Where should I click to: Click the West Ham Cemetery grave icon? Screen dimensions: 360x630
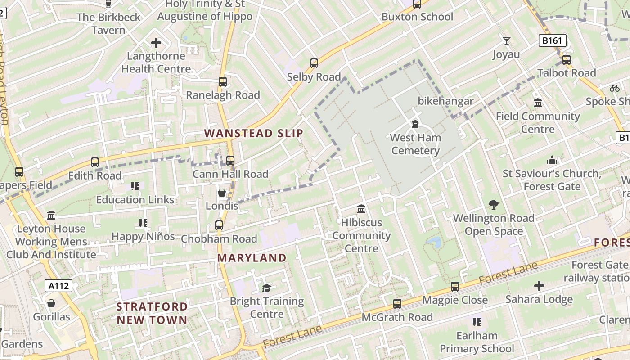pos(415,124)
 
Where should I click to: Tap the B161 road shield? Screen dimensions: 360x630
pos(552,41)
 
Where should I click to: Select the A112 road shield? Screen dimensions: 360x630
pos(58,285)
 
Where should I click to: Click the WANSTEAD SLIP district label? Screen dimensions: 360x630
pos(254,133)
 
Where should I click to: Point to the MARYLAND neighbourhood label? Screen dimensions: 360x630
pos(252,258)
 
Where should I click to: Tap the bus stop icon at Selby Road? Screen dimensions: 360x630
pos(314,63)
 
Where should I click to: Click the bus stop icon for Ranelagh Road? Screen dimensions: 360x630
pos(223,82)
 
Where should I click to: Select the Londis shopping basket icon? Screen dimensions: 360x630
pos(222,193)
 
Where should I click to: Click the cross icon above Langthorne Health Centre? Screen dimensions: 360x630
pos(156,43)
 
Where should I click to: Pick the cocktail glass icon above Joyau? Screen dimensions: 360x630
pos(507,41)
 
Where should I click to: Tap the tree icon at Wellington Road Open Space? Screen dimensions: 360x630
pos(494,205)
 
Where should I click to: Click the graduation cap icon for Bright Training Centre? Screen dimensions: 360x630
pos(267,288)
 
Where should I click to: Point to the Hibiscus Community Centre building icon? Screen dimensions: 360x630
pos(361,209)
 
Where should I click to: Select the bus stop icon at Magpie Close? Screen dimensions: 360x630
pos(455,287)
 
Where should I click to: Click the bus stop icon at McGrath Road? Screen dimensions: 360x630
pos(397,304)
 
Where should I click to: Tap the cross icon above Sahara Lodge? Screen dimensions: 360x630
pos(539,285)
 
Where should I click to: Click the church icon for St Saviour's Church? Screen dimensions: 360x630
pos(552,160)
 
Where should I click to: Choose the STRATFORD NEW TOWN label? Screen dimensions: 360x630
pos(152,313)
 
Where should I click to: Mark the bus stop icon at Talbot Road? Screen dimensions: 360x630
pos(567,59)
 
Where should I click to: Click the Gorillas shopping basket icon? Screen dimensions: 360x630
pos(51,303)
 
